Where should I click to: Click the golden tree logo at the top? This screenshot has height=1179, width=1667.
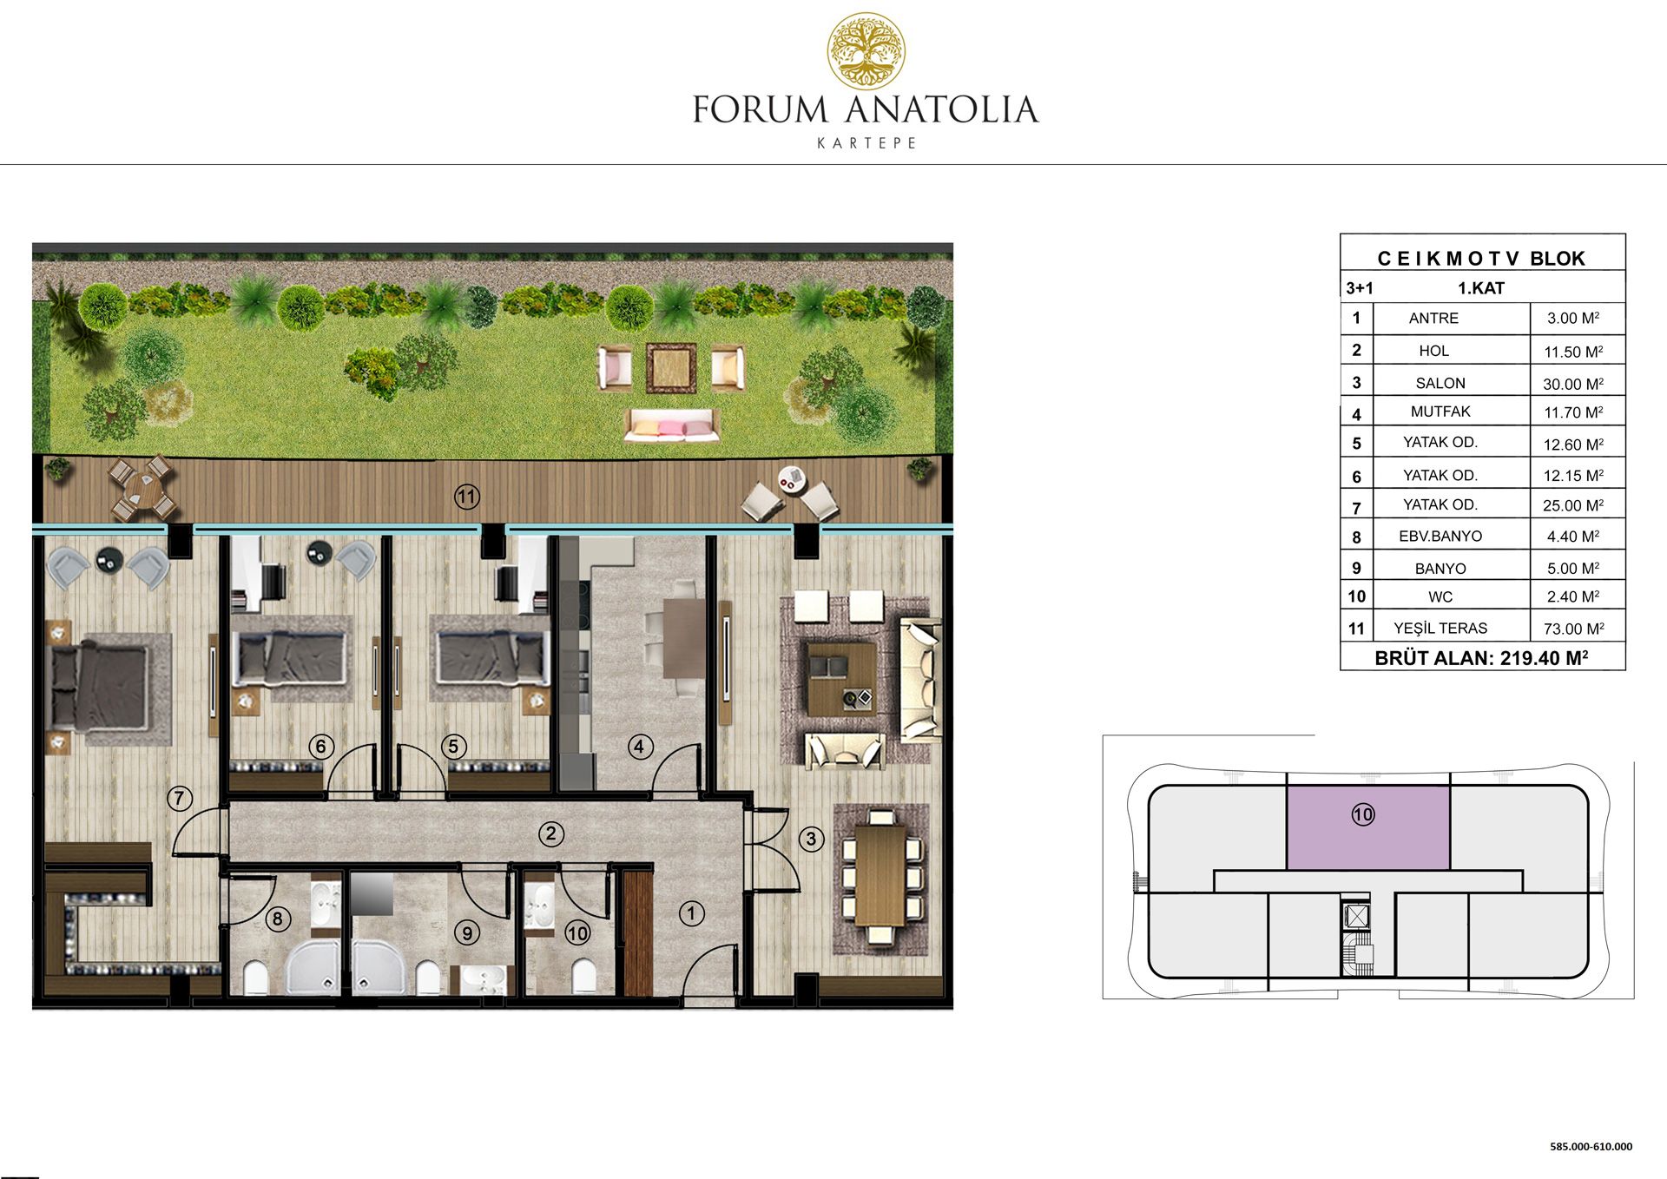click(x=866, y=51)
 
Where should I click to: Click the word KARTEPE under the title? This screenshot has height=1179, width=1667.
click(x=866, y=143)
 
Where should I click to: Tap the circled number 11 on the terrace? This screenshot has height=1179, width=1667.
click(x=467, y=497)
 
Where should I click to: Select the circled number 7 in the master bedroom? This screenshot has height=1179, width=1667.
click(x=180, y=798)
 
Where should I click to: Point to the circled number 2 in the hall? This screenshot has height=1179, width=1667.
click(x=550, y=834)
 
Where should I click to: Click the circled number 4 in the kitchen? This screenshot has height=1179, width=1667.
click(x=640, y=747)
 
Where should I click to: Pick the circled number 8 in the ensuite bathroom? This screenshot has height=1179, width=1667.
click(x=278, y=919)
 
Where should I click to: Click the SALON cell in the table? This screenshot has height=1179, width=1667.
click(x=1440, y=383)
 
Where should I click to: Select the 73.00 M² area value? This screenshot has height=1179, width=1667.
click(x=1573, y=629)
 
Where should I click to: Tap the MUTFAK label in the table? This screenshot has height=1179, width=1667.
click(x=1440, y=412)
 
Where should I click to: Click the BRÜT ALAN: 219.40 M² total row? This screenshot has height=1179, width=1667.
click(x=1481, y=658)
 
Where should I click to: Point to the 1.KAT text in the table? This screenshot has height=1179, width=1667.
click(x=1480, y=288)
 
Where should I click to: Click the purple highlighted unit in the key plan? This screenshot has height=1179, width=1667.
click(x=1367, y=827)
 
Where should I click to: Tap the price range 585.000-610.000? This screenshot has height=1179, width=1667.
click(x=1591, y=1146)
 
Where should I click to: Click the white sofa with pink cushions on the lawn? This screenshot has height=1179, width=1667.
click(x=670, y=426)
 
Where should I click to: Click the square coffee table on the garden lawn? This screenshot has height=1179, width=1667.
click(x=671, y=368)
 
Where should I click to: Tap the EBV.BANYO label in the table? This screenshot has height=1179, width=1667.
click(x=1440, y=536)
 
